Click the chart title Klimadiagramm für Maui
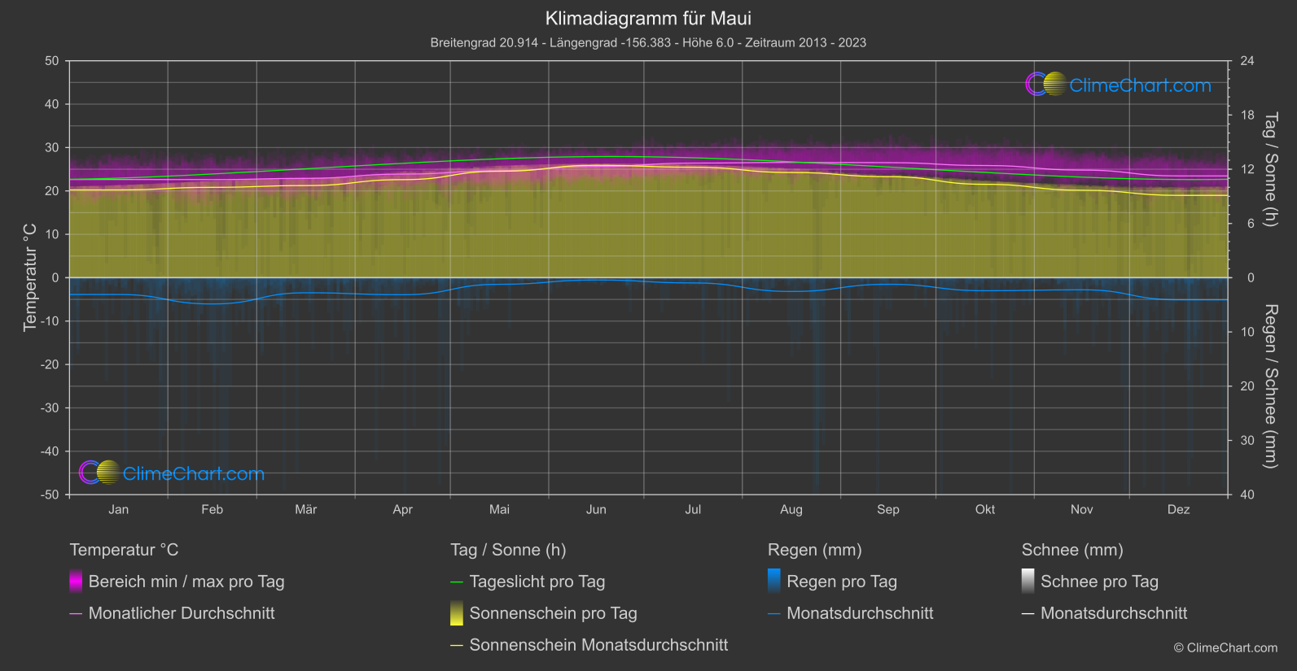tap(648, 18)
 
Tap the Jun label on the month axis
tap(596, 509)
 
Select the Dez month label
tap(1178, 509)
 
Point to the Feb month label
tap(212, 509)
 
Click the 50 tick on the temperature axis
tap(52, 61)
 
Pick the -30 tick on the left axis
tap(50, 407)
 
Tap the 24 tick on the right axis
tap(1247, 61)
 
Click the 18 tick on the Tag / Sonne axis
tap(1247, 115)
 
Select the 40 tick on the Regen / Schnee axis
tap(1247, 495)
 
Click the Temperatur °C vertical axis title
tap(30, 277)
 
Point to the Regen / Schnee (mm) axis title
tap(1270, 386)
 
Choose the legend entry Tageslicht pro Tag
tap(537, 582)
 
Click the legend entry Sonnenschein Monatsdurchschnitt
tap(598, 645)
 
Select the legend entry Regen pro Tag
tap(841, 582)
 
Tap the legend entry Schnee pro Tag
tap(1099, 582)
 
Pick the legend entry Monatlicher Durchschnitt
tap(181, 613)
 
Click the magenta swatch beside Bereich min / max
tap(76, 582)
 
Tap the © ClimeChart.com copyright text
tap(1225, 647)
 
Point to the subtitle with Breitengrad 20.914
tap(648, 42)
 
